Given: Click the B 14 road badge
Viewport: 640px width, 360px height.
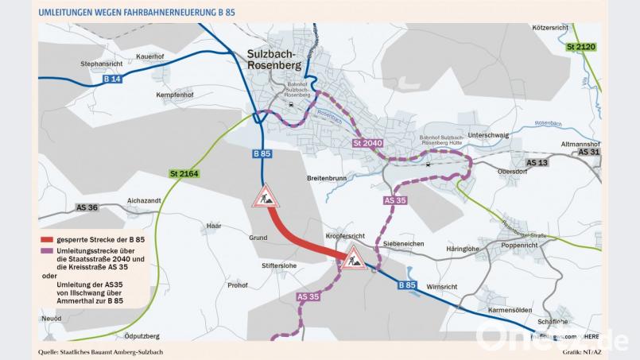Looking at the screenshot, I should pos(111,79).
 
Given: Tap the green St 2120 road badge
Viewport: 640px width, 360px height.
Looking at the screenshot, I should pos(580,47).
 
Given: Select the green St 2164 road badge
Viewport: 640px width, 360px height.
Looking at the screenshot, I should pos(184,172).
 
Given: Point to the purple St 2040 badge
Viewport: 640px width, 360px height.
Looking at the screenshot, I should pos(368,143).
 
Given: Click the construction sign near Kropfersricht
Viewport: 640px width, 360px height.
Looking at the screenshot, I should pos(353,257).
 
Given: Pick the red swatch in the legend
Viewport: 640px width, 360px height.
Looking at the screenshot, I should pos(47,239).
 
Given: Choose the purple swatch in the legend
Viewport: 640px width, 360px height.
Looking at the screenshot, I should pos(47,250).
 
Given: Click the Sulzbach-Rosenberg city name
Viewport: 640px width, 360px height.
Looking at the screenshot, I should pos(271,60).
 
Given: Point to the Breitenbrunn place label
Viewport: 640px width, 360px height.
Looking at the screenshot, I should pos(327,178).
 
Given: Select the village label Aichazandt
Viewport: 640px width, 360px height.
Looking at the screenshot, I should pos(144,200).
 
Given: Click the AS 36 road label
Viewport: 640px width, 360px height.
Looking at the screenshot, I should pos(87,207).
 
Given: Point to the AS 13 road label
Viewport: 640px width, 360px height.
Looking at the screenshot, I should pos(537,162).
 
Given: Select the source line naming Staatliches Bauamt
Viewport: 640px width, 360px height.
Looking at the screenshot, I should pos(100,351).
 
